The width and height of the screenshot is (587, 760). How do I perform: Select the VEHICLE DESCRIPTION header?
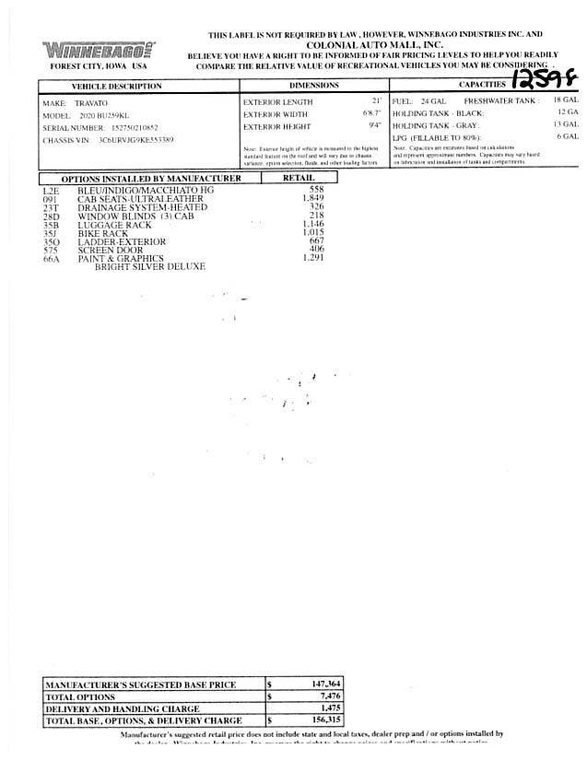pos(116,87)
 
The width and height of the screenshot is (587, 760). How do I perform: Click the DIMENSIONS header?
pos(314,86)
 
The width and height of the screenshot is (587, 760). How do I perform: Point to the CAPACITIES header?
pos(482,86)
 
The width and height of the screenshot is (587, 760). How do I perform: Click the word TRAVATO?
pos(90,104)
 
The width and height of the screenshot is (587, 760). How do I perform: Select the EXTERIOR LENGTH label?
pos(278,100)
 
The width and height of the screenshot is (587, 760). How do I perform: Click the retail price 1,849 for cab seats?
pos(314,199)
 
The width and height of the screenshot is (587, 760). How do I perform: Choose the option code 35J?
pos(51,233)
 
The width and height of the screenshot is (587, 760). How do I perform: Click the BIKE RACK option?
pos(102,233)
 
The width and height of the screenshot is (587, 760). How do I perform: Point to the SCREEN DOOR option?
pos(109,250)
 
